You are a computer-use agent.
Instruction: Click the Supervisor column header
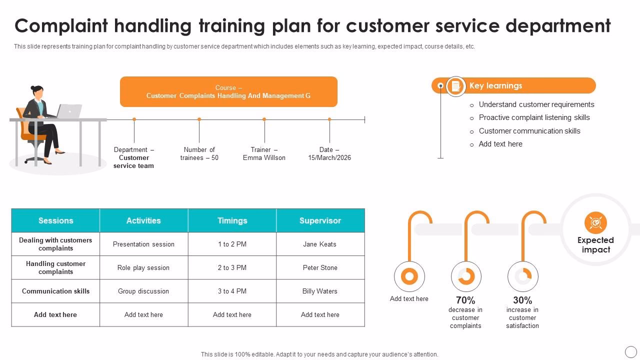[320, 220]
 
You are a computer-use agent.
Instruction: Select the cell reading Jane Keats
[320, 244]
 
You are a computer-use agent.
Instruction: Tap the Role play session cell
[143, 267]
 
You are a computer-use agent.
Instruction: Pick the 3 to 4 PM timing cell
[232, 291]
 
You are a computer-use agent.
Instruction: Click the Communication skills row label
[55, 291]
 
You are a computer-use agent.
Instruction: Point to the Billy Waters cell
[320, 291]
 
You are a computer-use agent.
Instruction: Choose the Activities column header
[143, 220]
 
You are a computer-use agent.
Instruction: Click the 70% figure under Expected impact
[465, 300]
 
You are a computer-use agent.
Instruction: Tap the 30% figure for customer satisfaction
[522, 300]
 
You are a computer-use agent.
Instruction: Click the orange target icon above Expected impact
[595, 223]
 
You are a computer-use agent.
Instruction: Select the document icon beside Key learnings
[455, 86]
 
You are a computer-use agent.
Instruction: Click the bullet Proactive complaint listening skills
[534, 117]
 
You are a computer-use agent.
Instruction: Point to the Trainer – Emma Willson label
[264, 153]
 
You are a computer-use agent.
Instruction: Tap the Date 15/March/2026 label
[329, 153]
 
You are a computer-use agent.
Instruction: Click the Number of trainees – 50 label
[199, 153]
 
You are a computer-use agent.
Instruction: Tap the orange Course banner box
[228, 91]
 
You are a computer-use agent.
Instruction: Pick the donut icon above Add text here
[409, 276]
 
